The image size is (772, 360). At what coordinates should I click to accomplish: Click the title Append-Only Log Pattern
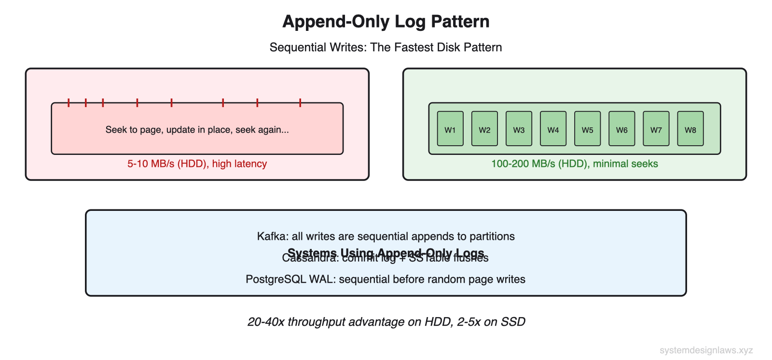coord(386,22)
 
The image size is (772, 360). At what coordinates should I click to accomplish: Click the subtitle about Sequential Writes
coord(386,47)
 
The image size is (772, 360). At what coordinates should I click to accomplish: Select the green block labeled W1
coord(450,129)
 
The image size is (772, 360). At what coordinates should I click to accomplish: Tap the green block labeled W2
coord(484,129)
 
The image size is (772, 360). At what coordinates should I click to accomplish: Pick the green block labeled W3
coord(519,129)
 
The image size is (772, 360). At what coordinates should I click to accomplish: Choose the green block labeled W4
coord(553,129)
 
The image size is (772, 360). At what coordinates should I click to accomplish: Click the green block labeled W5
coord(587,129)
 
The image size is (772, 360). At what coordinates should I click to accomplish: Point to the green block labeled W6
coord(621,129)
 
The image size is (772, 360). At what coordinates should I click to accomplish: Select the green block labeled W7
coord(656,129)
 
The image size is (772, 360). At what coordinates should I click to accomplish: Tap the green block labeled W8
coord(690,129)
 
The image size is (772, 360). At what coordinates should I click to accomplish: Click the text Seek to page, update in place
coord(197,130)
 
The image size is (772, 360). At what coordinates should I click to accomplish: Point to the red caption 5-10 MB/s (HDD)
coord(197,164)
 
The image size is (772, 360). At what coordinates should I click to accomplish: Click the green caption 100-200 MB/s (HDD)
coord(574,164)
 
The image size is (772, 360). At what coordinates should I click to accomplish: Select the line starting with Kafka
coord(386,236)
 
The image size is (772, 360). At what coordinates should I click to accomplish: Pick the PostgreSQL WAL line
coord(386,279)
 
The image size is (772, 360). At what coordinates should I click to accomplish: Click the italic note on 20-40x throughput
coord(386,322)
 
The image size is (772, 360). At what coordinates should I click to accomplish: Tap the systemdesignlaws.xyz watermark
coord(706,350)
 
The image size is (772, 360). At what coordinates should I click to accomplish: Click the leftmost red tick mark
coord(69,102)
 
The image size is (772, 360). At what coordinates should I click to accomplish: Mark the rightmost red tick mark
coord(300,102)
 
